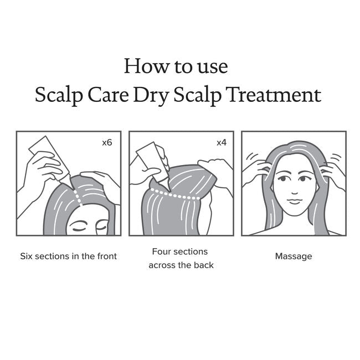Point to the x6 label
tap(107, 142)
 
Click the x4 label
tap(221, 142)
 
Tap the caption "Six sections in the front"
tap(69, 256)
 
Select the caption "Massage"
tap(294, 256)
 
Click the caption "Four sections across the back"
tap(181, 258)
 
